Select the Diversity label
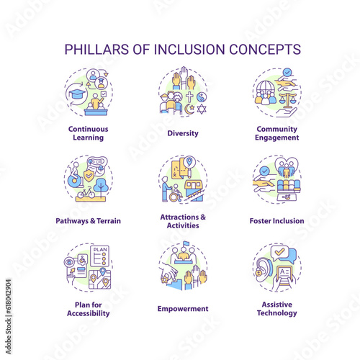(183, 133)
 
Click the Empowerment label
(183, 309)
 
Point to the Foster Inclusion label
(276, 221)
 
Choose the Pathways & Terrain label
(89, 221)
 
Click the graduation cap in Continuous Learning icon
(77, 94)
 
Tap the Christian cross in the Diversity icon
(189, 96)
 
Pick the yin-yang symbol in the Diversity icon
(202, 97)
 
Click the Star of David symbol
(202, 109)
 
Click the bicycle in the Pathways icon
(86, 193)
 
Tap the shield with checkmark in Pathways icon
(89, 176)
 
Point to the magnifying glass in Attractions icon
(189, 163)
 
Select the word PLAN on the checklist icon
(100, 250)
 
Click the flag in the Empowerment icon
(186, 244)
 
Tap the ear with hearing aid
(264, 270)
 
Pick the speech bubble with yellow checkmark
(279, 253)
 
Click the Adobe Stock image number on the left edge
(9, 296)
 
